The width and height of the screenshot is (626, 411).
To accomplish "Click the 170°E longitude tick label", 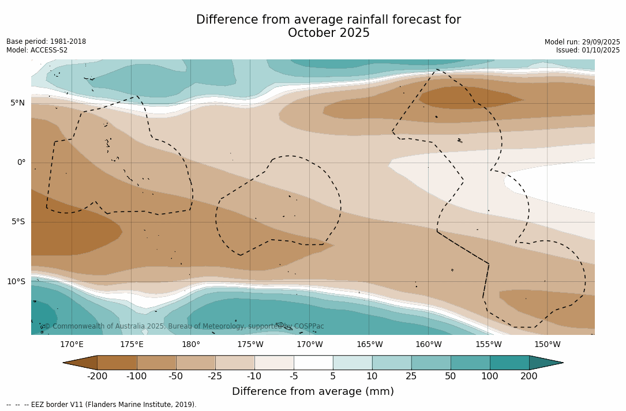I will point(72,345).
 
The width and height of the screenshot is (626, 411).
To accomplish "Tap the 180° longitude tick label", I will point(191,345).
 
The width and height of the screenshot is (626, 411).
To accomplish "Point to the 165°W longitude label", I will point(369,345).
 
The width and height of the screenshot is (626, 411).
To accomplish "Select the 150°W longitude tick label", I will point(547,345).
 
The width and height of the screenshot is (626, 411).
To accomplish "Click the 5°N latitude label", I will point(17,103).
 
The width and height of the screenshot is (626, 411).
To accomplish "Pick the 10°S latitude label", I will point(16,282).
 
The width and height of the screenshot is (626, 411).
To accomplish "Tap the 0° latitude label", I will point(21,163).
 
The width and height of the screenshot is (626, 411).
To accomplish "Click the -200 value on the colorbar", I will point(98,376).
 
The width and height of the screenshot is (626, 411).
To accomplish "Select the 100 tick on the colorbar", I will point(490,376).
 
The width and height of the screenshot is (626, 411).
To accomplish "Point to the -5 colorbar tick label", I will point(294,376).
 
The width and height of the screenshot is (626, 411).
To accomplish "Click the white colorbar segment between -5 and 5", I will point(313,363).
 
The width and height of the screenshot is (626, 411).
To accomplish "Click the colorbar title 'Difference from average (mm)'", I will point(313,392).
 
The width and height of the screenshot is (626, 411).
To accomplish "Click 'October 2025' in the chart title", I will point(328,33).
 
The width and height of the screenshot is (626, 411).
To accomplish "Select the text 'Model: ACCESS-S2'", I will point(37,50).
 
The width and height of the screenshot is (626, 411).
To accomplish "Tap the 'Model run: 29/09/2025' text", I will point(582,42).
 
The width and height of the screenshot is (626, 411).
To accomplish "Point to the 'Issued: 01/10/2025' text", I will point(588,50).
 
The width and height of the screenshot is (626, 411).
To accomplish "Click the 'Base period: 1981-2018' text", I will point(46,42).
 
